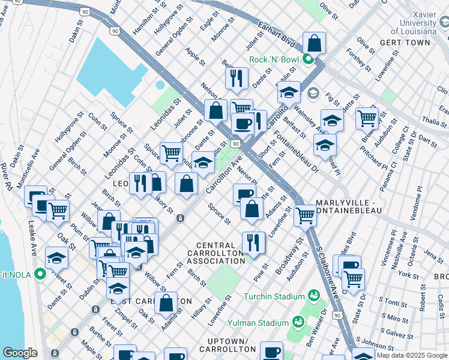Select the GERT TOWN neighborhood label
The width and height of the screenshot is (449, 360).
[x=405, y=43]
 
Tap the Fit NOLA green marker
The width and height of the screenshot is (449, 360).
[x=41, y=275]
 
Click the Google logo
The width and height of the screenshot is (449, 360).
[x=20, y=353]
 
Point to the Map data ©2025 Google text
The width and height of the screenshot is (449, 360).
[x=412, y=355]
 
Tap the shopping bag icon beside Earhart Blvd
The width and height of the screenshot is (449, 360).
[x=314, y=43]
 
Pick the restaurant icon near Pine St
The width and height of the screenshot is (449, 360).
[x=253, y=242]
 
